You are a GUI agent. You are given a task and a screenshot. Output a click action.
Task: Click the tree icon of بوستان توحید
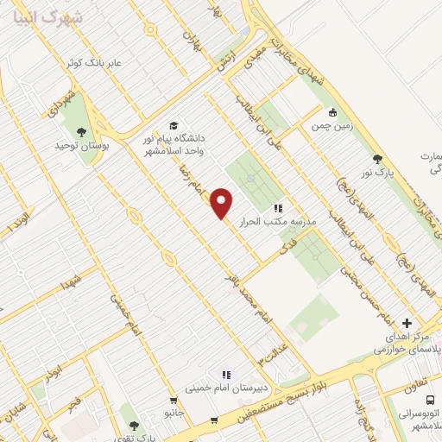tap(81, 132)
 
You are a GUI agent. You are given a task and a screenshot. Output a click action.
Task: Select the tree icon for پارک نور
tap(377, 158)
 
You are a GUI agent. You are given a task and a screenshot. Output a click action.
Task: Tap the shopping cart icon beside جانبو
tap(174, 401)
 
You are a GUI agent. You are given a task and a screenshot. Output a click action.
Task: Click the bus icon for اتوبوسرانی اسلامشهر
tap(431, 401)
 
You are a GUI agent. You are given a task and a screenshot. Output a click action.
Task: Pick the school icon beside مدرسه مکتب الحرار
tap(278, 208)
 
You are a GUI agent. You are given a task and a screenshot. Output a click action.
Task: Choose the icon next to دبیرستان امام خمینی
tap(226, 375)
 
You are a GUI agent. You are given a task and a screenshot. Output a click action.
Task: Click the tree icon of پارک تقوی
tap(133, 424)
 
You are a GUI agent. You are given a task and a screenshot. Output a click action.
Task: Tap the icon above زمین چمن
tap(334, 111)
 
